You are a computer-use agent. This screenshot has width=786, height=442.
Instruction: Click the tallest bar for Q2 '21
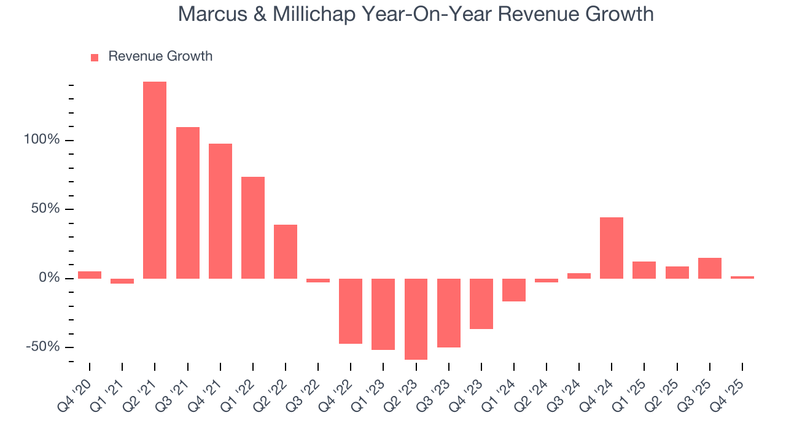tap(155, 180)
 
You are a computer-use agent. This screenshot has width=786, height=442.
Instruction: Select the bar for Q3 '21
tap(188, 203)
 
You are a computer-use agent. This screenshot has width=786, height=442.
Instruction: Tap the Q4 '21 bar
tap(220, 211)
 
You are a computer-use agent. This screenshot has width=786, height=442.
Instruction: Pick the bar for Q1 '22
tap(253, 227)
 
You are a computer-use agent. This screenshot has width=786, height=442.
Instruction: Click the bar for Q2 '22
tap(286, 251)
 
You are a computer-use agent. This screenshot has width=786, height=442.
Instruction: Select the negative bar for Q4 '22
tap(351, 311)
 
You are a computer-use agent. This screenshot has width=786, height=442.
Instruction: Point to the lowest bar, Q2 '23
tap(416, 319)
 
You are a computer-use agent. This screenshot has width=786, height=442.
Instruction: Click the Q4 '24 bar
tap(612, 247)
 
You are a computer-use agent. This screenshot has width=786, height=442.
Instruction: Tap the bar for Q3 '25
tap(710, 268)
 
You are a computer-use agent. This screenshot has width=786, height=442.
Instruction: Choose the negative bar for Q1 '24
tap(514, 290)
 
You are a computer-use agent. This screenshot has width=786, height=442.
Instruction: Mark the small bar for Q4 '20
tap(90, 275)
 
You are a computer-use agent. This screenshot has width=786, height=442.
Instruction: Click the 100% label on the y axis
tap(42, 140)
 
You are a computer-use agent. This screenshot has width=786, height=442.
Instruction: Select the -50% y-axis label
tap(43, 347)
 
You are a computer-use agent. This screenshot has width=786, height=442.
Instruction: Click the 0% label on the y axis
tap(49, 278)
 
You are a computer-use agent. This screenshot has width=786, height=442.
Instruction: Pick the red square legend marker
tap(95, 57)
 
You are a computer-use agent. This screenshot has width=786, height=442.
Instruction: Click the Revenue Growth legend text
tap(160, 56)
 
